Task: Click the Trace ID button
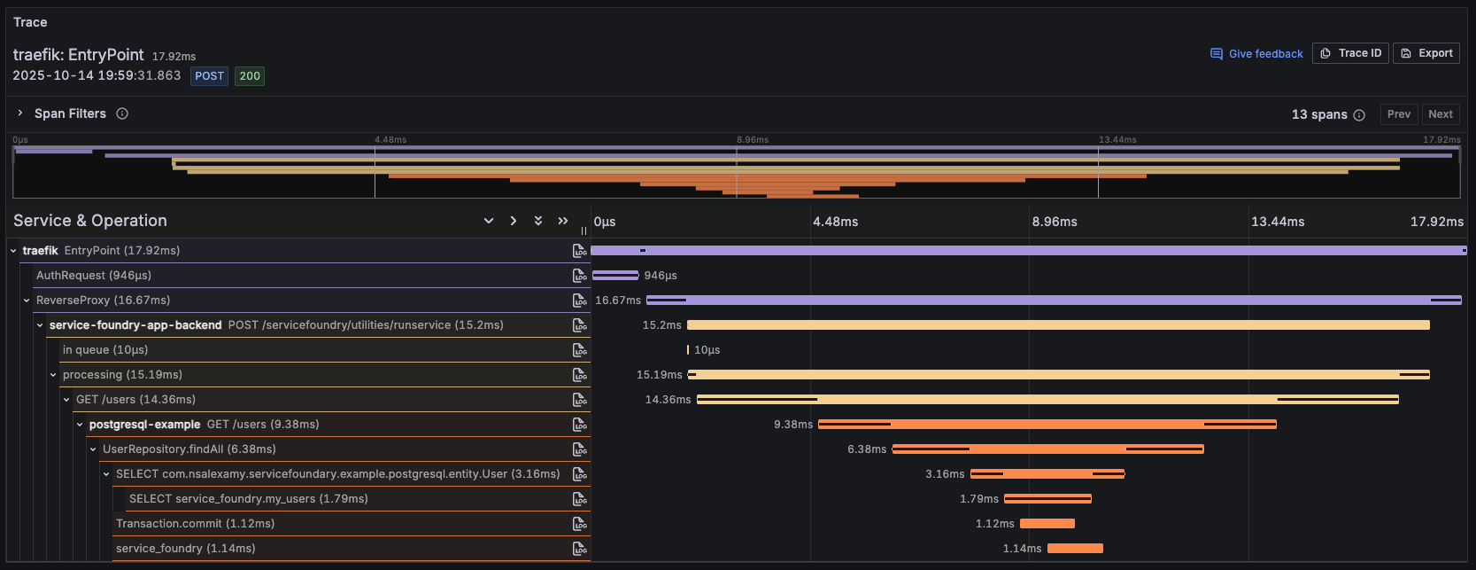pos(1350,53)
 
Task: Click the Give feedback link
pos(1256,54)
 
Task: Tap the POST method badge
pos(209,76)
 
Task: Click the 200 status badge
pos(250,76)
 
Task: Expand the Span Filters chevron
pos(20,113)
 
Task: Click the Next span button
pos(1440,114)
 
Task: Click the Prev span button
pos(1398,114)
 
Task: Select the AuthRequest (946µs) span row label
pos(93,276)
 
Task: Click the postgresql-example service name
pos(144,425)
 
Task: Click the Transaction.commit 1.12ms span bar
pos(1047,524)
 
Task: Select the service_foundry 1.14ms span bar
pos(1075,549)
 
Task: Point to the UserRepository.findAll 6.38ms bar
pos(1047,449)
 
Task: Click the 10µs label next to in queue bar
pos(707,350)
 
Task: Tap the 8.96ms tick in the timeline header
pos(1054,222)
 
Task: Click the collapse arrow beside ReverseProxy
pos(27,301)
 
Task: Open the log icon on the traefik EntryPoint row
pos(580,251)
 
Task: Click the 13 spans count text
pos(1318,114)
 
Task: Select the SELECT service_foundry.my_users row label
pos(248,499)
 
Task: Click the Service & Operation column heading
pos(89,221)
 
